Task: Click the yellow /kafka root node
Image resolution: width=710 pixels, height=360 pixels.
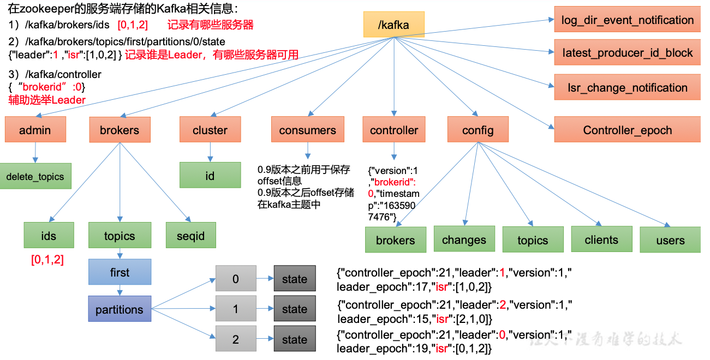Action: pyautogui.click(x=393, y=25)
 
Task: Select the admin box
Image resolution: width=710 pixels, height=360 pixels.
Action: pyautogui.click(x=35, y=130)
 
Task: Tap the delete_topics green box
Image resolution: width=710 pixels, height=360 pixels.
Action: pyautogui.click(x=35, y=176)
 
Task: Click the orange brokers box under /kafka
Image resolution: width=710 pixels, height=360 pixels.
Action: pyautogui.click(x=120, y=130)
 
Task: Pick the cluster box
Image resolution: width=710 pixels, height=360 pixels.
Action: pyautogui.click(x=210, y=130)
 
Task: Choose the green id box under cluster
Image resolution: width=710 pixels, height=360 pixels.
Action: pyautogui.click(x=210, y=176)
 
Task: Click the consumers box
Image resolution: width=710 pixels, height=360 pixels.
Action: pyautogui.click(x=307, y=130)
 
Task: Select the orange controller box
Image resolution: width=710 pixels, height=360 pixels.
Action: pyautogui.click(x=393, y=130)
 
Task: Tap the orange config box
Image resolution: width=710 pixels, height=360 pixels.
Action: pyautogui.click(x=478, y=130)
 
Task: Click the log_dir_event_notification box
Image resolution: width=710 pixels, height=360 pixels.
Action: pyautogui.click(x=627, y=20)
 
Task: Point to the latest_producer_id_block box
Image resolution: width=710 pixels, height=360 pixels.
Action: pyautogui.click(x=627, y=53)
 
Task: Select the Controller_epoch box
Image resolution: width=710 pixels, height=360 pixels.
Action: pyautogui.click(x=627, y=130)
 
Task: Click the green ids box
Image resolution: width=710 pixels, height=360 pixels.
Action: pyautogui.click(x=49, y=236)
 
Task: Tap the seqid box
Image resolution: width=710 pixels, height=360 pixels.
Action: pyautogui.click(x=191, y=236)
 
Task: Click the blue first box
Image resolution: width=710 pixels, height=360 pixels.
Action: pyautogui.click(x=120, y=272)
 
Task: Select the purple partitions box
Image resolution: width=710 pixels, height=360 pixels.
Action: pyautogui.click(x=120, y=309)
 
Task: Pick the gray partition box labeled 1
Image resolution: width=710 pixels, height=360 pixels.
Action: pyautogui.click(x=236, y=309)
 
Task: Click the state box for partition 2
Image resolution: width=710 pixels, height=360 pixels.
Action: pyautogui.click(x=295, y=339)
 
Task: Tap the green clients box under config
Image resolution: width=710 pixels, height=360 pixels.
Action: pyautogui.click(x=601, y=239)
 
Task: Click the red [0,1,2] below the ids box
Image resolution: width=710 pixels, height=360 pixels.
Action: pyautogui.click(x=47, y=260)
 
